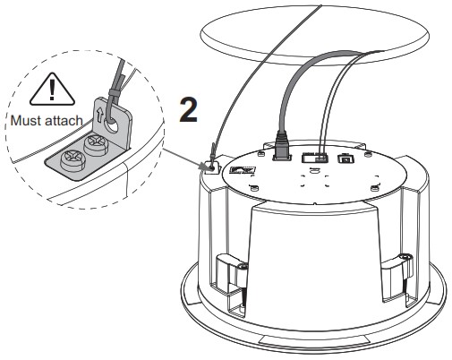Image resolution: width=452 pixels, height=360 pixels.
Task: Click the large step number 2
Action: click(188, 110)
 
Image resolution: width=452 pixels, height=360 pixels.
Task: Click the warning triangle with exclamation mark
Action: click(52, 90)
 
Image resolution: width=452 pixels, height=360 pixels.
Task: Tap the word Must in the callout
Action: click(26, 121)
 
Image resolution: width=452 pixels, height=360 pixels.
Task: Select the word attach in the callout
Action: click(64, 121)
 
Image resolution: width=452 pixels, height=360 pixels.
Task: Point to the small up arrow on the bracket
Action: click(100, 116)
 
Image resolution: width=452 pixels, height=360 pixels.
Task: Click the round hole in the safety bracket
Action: click(112, 124)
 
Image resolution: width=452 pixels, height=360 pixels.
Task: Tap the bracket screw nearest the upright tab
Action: click(95, 144)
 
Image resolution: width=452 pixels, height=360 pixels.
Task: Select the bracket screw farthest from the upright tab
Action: click(72, 160)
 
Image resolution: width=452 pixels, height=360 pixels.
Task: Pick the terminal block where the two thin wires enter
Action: click(314, 158)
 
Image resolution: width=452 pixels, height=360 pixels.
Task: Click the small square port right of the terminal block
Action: click(345, 159)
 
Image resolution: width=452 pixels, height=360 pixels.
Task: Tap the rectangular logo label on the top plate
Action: click(243, 170)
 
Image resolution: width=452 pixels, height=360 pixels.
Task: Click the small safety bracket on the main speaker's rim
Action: click(211, 167)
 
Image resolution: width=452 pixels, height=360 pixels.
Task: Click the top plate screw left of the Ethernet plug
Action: click(260, 154)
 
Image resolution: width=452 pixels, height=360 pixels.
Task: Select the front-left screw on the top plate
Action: click(253, 188)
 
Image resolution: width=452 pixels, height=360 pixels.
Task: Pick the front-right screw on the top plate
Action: click(375, 188)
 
